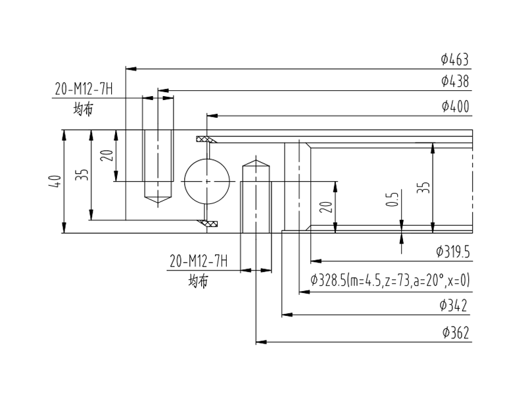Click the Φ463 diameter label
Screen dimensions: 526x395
454,59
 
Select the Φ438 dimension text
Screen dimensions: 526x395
455,81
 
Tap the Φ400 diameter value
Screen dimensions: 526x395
455,106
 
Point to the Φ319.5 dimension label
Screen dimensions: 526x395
453,251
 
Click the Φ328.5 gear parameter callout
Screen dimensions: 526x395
390,280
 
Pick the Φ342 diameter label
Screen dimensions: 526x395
453,305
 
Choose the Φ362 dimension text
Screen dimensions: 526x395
456,332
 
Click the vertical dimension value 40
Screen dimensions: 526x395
55,182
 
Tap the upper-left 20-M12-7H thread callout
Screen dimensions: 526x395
84,90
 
